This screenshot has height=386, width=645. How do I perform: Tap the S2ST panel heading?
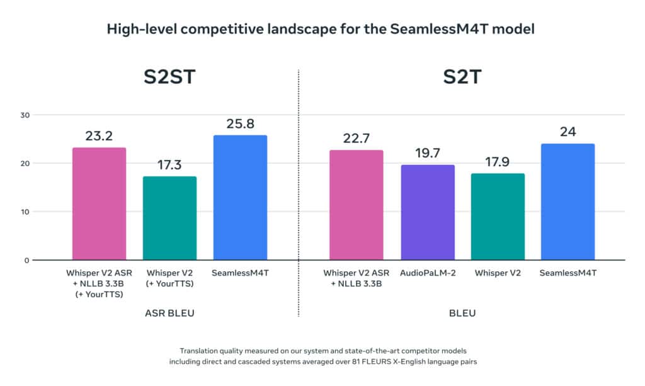[x=169, y=81]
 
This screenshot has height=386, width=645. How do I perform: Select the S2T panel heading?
[x=462, y=81]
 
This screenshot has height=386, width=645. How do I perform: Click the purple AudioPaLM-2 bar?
[x=428, y=212]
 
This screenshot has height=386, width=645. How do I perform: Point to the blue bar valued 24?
[x=568, y=202]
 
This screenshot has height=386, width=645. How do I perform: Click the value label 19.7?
[x=428, y=153]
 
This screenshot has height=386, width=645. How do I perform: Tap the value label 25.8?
[x=240, y=123]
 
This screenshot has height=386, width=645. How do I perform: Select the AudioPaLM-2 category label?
[x=428, y=273]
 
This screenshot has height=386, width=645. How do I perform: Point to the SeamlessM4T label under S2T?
[x=568, y=273]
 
